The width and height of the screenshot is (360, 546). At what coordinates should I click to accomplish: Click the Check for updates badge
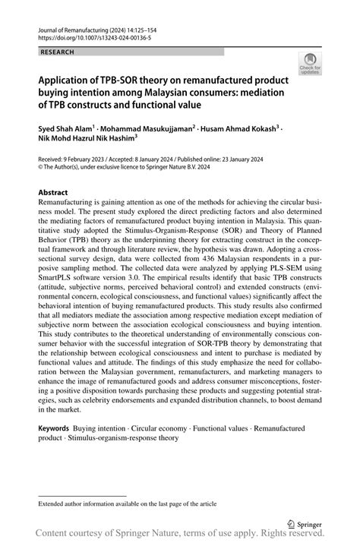[x=309, y=64]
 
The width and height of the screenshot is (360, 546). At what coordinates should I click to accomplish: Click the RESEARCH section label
[x=58, y=52]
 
